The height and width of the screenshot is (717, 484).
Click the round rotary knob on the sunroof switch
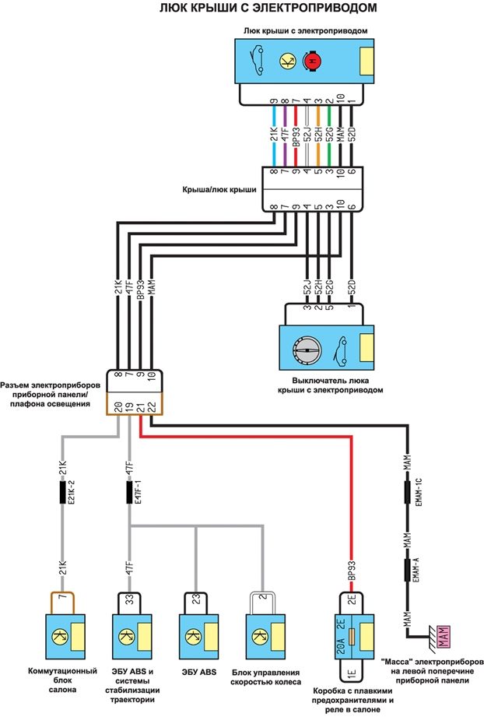click(306, 350)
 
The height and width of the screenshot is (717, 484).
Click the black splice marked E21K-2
click(63, 493)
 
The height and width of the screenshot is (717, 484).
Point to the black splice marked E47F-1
click(130, 493)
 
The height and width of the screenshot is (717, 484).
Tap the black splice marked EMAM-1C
click(407, 494)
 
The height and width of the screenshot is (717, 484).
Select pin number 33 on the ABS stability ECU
click(130, 600)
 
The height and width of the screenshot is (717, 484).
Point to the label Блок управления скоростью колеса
click(265, 677)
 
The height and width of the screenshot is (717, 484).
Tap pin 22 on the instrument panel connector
click(151, 406)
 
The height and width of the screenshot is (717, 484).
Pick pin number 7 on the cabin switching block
click(62, 600)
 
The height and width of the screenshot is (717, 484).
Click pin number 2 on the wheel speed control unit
click(263, 600)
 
